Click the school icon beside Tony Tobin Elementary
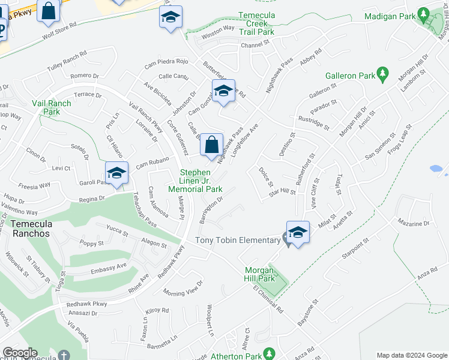pyautogui.click(x=298, y=232)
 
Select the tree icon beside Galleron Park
pyautogui.click(x=382, y=75)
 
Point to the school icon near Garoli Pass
pyautogui.click(x=117, y=173)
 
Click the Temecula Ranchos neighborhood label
pyautogui.click(x=34, y=228)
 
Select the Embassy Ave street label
pyautogui.click(x=109, y=266)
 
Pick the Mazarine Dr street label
pyautogui.click(x=414, y=223)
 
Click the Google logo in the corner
pyautogui.click(x=20, y=353)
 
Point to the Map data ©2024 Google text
pyautogui.click(x=411, y=355)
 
